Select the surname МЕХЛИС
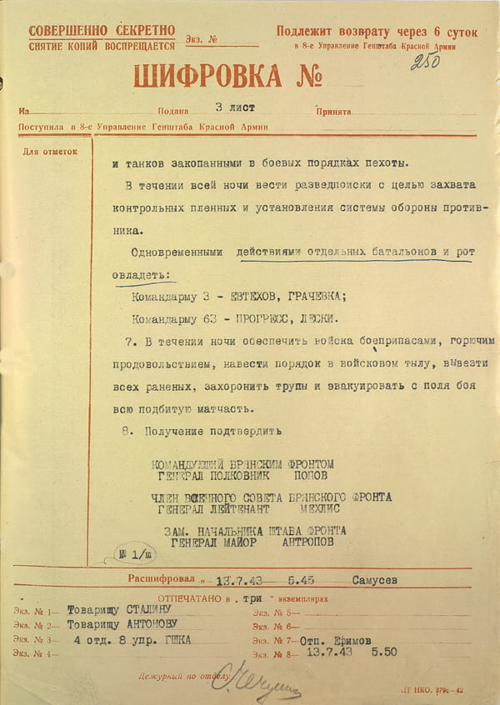[x=321, y=508]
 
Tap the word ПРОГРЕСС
[x=260, y=318]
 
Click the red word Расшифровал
[x=162, y=577]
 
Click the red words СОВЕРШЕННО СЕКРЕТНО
[x=102, y=32]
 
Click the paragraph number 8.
[x=127, y=432]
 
